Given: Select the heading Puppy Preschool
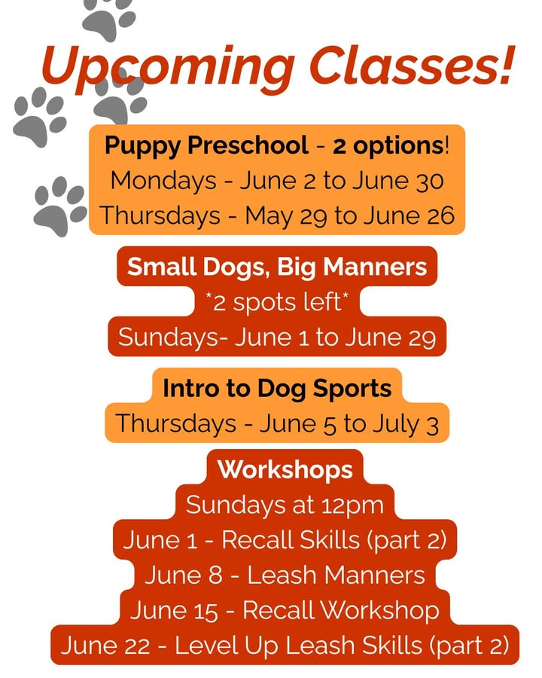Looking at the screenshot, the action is [206, 146].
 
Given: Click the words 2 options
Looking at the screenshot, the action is [388, 146].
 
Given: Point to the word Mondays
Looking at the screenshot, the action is [163, 181].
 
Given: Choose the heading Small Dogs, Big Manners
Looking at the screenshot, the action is [277, 267].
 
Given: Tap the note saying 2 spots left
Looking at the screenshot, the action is [277, 302].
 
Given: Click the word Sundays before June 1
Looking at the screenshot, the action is [169, 337].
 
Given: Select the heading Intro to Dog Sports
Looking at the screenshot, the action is [277, 388].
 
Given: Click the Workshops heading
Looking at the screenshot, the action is [285, 469].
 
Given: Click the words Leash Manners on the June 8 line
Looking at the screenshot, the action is [336, 576].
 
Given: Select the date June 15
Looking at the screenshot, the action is [174, 611].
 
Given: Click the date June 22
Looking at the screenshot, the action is [105, 646].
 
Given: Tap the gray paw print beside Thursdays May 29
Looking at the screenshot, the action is [60, 206].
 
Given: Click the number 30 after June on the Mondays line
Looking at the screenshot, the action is [430, 181].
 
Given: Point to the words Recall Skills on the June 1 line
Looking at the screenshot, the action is [291, 540].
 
